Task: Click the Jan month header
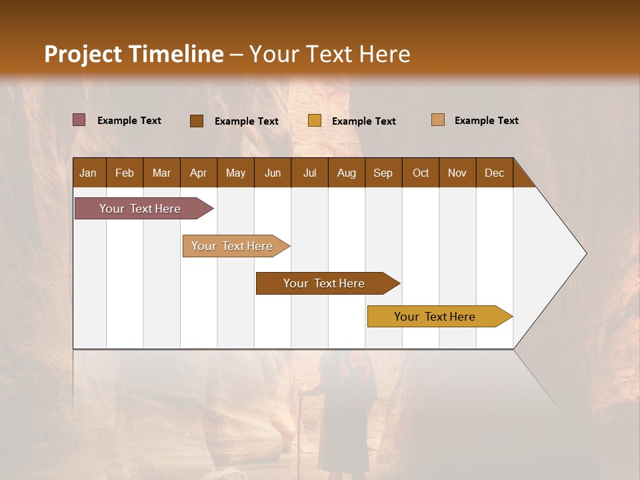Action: coord(88,173)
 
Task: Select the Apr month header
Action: coord(198,173)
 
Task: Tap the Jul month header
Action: coord(309,173)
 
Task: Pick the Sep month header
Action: coord(383,173)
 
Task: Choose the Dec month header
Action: coord(494,173)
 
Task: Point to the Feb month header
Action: coord(125,173)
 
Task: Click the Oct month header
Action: coord(421,173)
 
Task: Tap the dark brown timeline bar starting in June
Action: coord(325,283)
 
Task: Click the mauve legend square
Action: coord(79,120)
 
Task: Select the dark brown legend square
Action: coord(196,121)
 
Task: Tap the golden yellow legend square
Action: coord(314,121)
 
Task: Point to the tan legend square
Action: coord(437,120)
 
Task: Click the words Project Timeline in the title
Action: coord(133,54)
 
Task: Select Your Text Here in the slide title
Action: coord(329,54)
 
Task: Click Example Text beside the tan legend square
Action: coord(486,121)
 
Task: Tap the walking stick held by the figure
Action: coord(302,407)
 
